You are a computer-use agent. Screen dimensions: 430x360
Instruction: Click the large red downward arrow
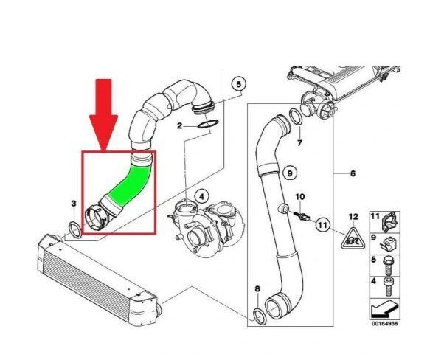coord(103,115)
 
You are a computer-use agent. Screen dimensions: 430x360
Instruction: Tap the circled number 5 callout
coord(238,84)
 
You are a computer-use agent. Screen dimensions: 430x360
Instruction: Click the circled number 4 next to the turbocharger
coord(201,197)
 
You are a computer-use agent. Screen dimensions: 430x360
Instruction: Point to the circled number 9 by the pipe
coord(290,173)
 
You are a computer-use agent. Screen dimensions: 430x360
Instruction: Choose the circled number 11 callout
coord(322,225)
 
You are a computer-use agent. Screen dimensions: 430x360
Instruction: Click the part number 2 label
coord(179,125)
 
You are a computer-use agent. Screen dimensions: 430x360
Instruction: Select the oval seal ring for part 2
coord(208,124)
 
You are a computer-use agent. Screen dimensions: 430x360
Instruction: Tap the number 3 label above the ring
coord(74,204)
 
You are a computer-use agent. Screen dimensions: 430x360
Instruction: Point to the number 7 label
coord(299,143)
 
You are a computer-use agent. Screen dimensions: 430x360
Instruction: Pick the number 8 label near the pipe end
coord(257,288)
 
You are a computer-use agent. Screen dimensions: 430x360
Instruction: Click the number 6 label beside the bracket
coord(353,173)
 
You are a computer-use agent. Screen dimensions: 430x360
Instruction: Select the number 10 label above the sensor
coord(300,197)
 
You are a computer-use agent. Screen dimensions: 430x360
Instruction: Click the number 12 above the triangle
coord(353,217)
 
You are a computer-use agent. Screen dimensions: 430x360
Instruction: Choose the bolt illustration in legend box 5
coord(388,266)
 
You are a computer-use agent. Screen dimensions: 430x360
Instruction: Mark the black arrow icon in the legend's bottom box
coord(384,309)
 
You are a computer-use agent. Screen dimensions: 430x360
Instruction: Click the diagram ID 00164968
coord(384,324)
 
